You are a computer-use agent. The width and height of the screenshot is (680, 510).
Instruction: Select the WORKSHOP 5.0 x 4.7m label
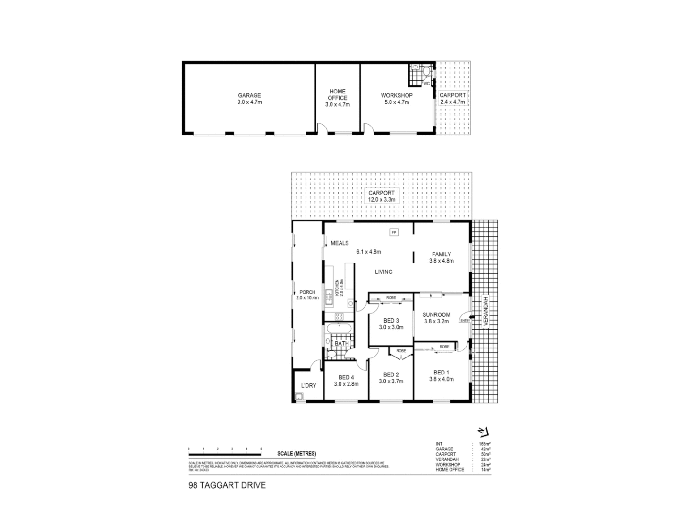397,99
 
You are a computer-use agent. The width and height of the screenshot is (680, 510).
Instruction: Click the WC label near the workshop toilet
426,84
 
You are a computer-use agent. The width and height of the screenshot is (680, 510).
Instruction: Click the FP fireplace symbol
394,232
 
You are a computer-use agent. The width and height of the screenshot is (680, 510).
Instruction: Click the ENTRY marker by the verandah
465,321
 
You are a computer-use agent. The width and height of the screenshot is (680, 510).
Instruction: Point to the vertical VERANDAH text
485,312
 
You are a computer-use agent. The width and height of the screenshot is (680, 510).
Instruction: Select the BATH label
341,343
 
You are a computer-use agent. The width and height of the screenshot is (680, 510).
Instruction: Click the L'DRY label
308,386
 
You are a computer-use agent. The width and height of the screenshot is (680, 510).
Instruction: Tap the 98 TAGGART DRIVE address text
227,485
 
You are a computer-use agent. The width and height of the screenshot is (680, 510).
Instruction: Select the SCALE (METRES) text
297,453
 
